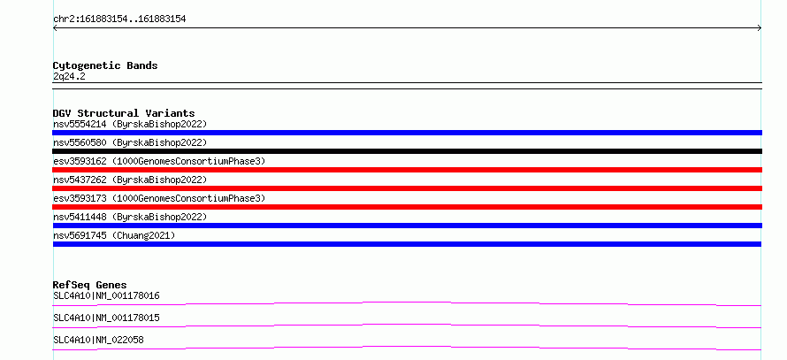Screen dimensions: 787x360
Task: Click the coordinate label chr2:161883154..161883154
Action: [119, 19]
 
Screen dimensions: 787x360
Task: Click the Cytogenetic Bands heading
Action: [105, 65]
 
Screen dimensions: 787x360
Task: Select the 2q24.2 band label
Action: [69, 76]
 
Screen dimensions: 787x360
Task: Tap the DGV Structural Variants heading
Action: [124, 113]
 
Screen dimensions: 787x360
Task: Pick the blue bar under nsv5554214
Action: [407, 133]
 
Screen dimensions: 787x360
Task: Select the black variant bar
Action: [407, 151]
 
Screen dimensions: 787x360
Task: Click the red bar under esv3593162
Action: [407, 170]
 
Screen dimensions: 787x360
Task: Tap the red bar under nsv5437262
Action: [407, 188]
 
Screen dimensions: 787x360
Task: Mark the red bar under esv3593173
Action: [407, 207]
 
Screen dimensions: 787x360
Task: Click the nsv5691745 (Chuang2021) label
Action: [114, 235]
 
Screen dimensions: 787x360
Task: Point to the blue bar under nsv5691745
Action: [407, 244]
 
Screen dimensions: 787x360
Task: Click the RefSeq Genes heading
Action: [90, 285]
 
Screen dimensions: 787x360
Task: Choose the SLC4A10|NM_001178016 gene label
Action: [106, 295]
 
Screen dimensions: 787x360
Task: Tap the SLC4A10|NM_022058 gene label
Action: [98, 340]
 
